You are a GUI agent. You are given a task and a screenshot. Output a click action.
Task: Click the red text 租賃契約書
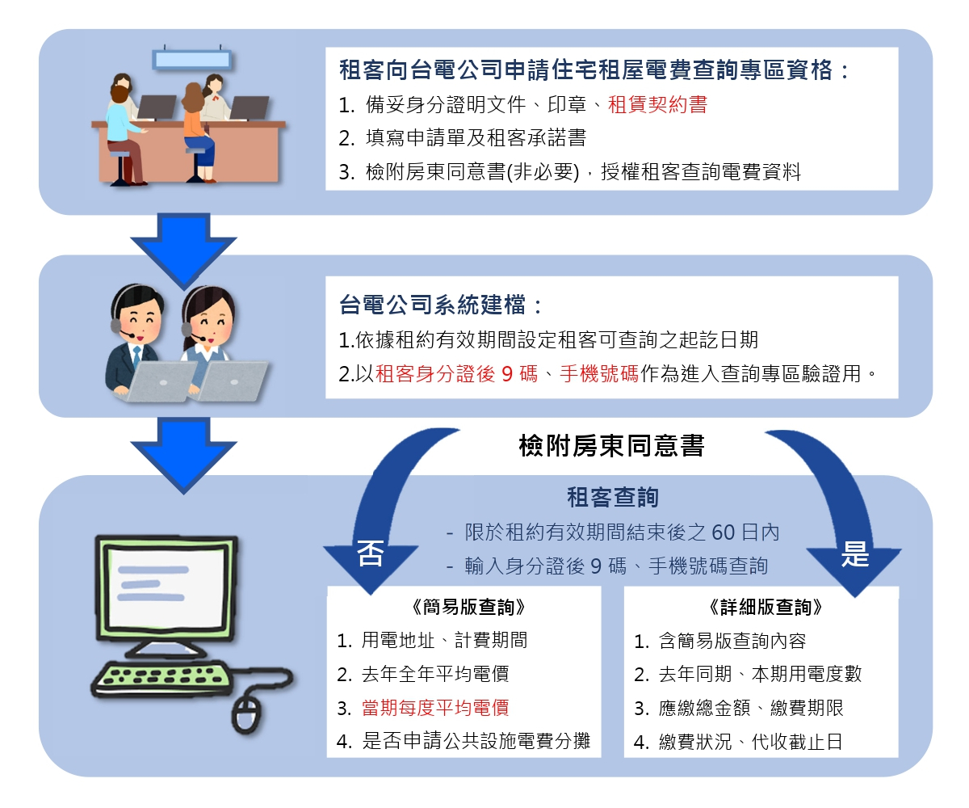pos(657,105)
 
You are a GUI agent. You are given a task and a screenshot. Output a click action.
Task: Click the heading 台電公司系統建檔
pos(440,305)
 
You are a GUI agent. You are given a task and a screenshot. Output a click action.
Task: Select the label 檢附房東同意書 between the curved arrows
pos(611,445)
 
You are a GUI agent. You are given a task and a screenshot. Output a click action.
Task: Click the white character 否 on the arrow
pos(370,555)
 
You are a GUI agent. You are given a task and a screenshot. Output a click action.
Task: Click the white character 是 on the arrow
pos(854,555)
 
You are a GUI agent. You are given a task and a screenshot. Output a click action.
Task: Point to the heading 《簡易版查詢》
pos(463,608)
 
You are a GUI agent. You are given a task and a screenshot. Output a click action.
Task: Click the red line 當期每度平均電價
pos(434,708)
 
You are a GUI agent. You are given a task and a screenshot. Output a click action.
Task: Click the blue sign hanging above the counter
pos(192,59)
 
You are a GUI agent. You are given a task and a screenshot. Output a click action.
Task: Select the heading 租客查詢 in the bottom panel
pos(612,498)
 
